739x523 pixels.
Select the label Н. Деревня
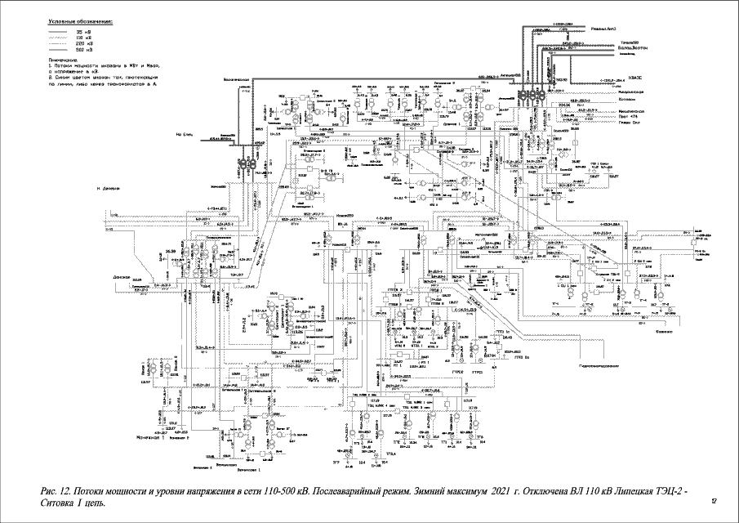pyautogui.click(x=108, y=190)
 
